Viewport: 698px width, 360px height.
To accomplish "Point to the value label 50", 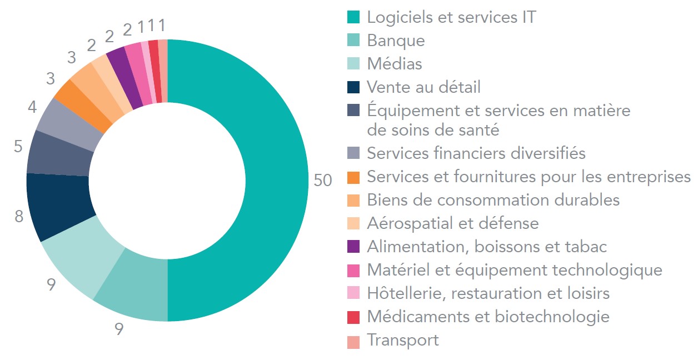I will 322,181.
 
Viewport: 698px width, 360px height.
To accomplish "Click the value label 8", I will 19,216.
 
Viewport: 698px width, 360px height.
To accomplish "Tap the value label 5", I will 19,147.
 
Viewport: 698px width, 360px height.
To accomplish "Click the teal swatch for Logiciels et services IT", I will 353,17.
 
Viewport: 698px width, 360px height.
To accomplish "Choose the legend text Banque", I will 396,41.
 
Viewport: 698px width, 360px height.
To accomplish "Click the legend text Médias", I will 395,64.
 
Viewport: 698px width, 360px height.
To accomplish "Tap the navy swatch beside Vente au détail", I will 353,87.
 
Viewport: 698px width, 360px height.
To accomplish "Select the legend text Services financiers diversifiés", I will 476,153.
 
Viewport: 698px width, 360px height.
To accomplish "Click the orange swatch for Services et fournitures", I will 353,177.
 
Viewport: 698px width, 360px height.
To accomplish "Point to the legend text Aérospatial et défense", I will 453,223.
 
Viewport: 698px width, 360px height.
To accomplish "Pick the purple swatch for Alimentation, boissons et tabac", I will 353,246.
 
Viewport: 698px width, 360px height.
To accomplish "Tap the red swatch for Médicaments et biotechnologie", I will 353,317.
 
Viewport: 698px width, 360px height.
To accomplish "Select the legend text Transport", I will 403,340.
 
